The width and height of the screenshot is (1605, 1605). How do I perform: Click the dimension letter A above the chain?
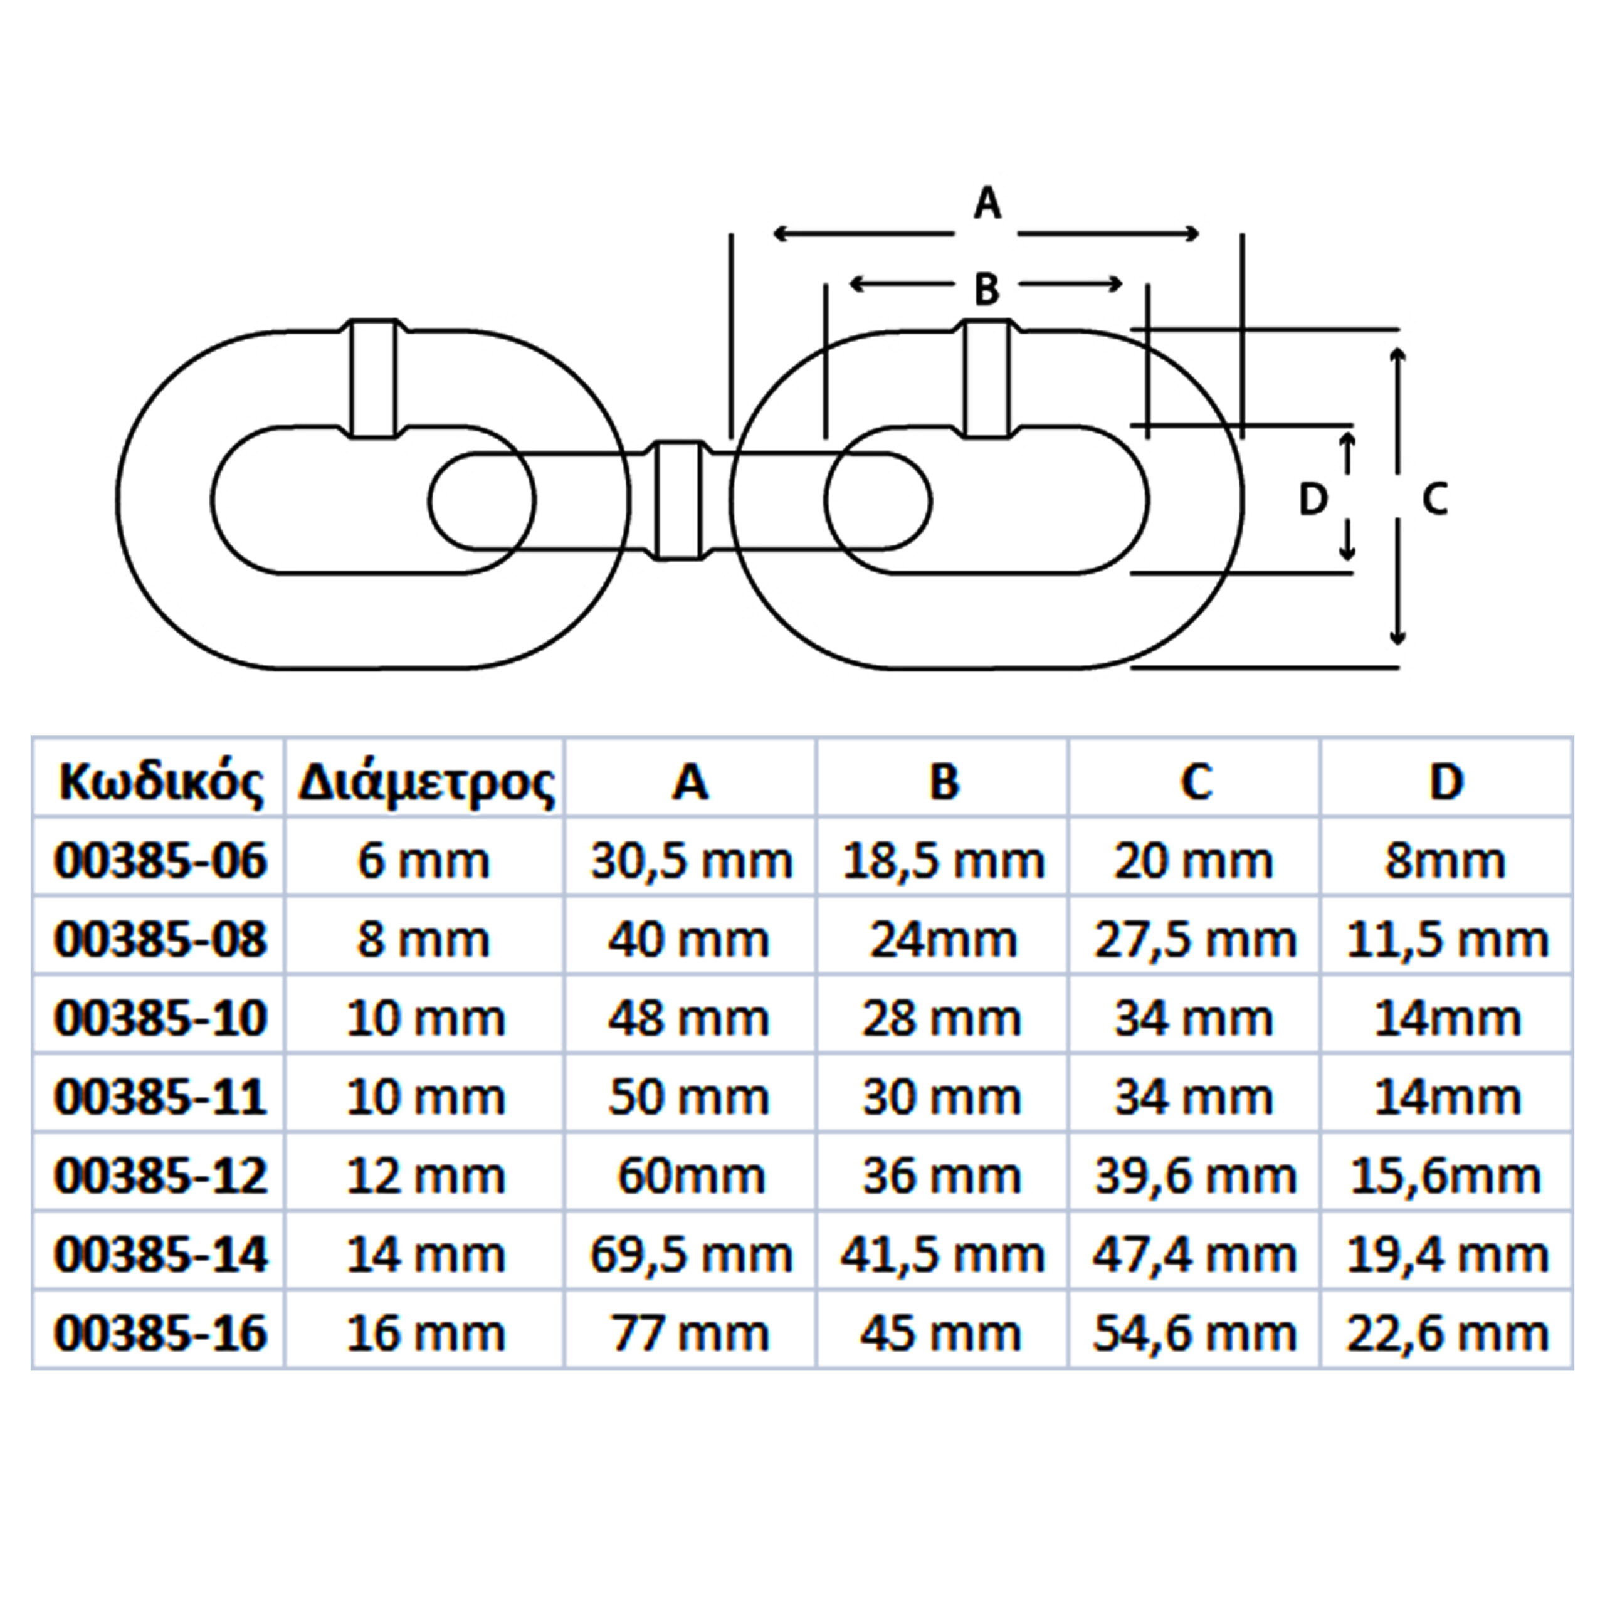987,204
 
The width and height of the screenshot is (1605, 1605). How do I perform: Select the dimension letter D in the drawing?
1313,499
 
